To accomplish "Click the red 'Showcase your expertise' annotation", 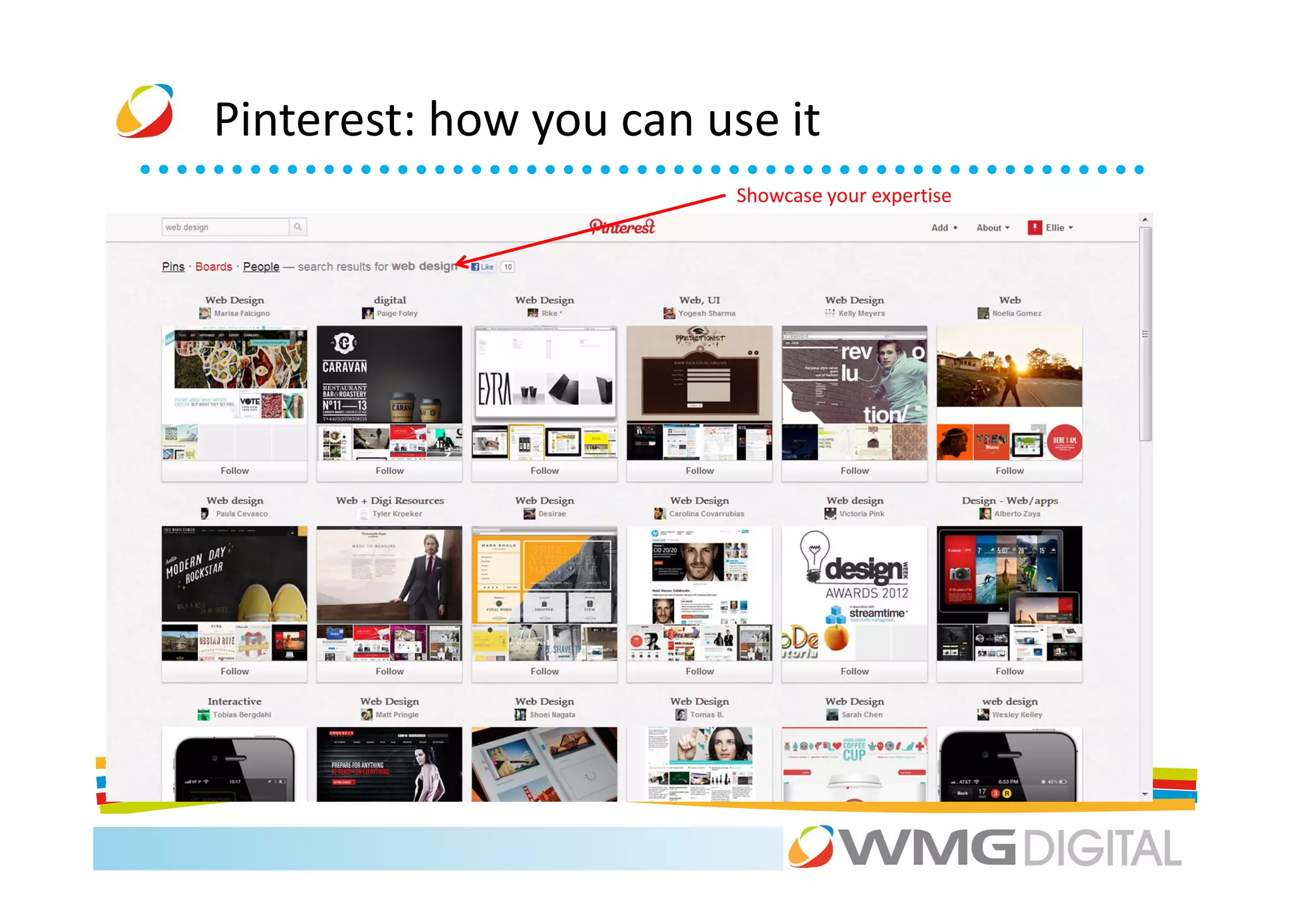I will tap(843, 196).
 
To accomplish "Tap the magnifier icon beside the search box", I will tap(298, 227).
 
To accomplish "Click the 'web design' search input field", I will tap(225, 227).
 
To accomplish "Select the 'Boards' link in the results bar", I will tap(214, 267).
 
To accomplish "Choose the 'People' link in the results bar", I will tap(261, 267).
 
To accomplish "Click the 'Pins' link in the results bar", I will tap(173, 267).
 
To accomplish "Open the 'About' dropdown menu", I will tap(992, 228).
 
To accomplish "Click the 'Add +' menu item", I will tap(944, 228).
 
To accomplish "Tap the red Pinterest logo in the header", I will tap(622, 227).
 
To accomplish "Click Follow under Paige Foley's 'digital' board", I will tap(390, 471).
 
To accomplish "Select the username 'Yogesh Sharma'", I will tap(707, 313).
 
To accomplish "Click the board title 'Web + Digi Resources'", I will tap(390, 500).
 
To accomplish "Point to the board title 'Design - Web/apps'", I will tap(1009, 500).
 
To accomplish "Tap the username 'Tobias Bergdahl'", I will tap(241, 715).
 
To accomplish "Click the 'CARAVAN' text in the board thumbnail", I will tap(345, 367).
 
